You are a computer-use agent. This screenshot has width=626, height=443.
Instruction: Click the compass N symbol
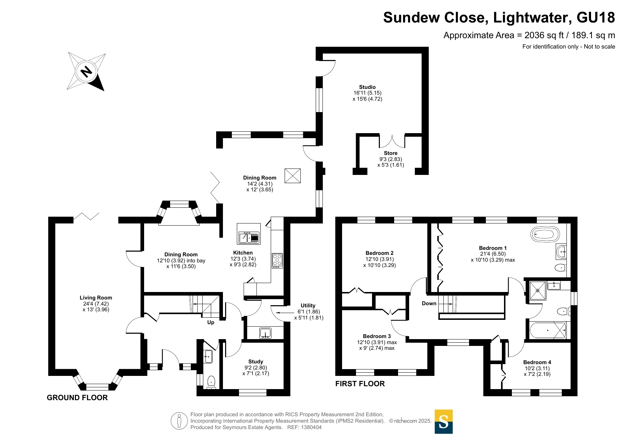click(x=86, y=72)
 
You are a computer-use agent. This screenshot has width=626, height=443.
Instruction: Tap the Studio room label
click(x=367, y=87)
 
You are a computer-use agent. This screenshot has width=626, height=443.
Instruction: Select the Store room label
click(x=391, y=153)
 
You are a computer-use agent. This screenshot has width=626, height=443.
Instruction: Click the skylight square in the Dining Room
click(x=292, y=176)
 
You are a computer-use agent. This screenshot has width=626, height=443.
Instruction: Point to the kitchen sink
click(x=249, y=237)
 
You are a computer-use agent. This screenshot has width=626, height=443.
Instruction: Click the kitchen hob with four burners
click(x=277, y=261)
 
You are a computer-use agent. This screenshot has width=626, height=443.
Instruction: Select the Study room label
click(x=255, y=362)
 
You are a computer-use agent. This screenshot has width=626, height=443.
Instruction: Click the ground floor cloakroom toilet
click(x=211, y=382)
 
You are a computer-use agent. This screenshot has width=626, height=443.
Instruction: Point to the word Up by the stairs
click(x=211, y=322)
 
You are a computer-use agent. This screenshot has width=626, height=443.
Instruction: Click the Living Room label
click(x=96, y=298)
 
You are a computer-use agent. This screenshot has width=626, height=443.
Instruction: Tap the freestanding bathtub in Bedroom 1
click(x=545, y=235)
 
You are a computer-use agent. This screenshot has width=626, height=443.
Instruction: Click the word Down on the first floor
click(x=429, y=303)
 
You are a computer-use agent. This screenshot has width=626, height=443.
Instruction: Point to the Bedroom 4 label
click(x=537, y=362)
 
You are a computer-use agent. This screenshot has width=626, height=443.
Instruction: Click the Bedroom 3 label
click(x=377, y=336)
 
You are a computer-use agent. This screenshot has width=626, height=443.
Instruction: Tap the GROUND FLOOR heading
click(x=77, y=398)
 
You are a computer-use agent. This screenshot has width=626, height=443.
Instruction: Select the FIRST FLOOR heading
click(x=360, y=384)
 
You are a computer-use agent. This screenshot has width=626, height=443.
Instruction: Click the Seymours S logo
click(x=443, y=422)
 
